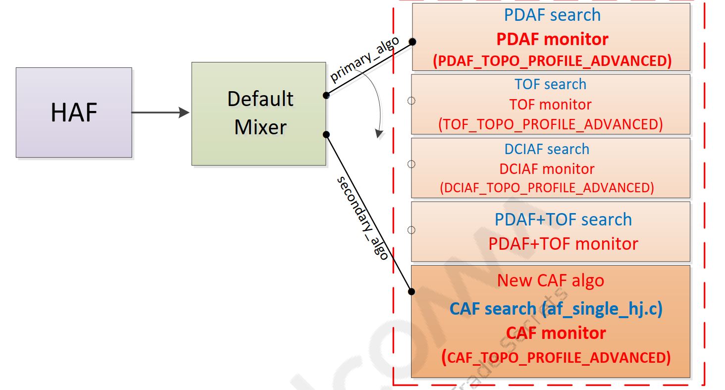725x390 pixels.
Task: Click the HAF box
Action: (x=74, y=112)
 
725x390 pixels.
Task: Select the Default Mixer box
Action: (x=259, y=113)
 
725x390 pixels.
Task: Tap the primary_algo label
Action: (x=364, y=60)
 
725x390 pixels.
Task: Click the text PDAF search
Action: (x=552, y=15)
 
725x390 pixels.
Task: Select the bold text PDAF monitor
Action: (x=552, y=39)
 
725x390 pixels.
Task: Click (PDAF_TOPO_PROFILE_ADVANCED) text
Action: (x=552, y=60)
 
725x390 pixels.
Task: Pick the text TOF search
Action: (x=550, y=84)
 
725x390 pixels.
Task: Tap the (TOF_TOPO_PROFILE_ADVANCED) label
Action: (x=550, y=124)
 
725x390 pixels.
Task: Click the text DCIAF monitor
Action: (x=547, y=168)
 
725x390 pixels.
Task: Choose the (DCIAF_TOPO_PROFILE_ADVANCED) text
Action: (x=547, y=188)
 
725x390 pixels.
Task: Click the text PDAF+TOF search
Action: (x=563, y=219)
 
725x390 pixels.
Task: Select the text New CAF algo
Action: (x=551, y=280)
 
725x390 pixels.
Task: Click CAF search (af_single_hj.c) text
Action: (x=556, y=309)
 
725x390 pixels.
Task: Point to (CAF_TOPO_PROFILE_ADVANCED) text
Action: (x=556, y=357)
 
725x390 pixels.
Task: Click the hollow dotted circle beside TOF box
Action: (x=411, y=101)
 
